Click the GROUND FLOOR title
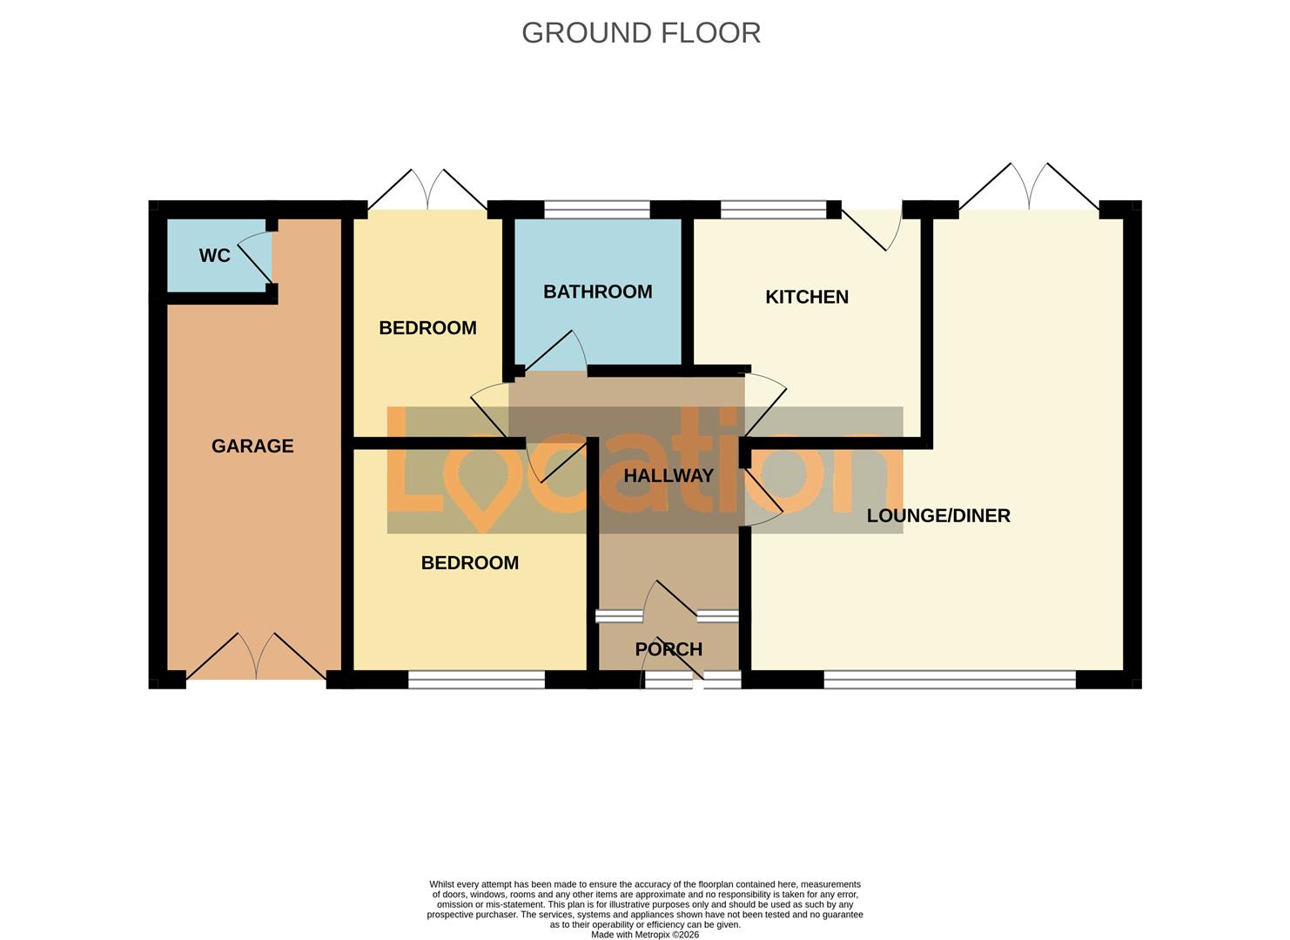pos(641,33)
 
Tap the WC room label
pos(215,256)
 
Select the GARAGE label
pos(252,446)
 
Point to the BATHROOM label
pos(597,292)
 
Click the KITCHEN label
pos(806,298)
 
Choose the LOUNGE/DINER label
pos(938,516)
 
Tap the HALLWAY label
pos(669,476)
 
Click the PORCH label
pos(669,649)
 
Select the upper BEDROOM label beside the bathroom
pos(427,328)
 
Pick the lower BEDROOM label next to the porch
pos(469,563)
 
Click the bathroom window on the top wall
pos(597,210)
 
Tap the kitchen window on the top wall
pos(773,210)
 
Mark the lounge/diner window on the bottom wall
pos(949,680)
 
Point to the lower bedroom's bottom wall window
pos(476,680)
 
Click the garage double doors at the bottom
pos(256,660)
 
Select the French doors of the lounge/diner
pos(1029,190)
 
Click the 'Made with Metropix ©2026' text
pos(644,935)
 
